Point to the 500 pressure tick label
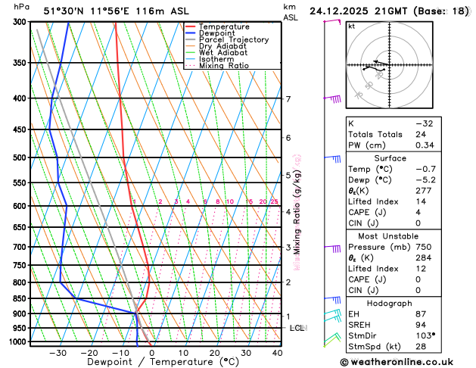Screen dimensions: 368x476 19,157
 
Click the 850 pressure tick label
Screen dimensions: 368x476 19,298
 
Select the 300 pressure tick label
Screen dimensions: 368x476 19,22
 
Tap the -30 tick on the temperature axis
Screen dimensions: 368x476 58,353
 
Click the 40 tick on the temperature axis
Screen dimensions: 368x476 277,353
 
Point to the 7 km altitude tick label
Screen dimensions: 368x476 288,99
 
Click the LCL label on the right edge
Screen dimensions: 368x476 297,328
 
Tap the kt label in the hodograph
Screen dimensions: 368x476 351,26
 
